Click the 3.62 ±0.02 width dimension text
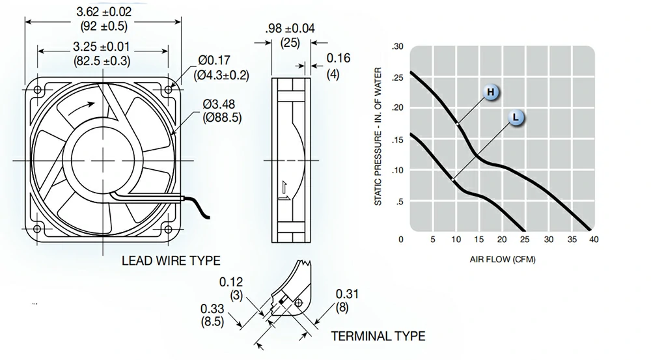104,12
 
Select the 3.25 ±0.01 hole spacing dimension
104,47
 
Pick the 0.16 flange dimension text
338,59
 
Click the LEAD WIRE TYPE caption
171,261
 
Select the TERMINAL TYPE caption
378,337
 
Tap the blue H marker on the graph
492,93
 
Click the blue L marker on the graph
515,118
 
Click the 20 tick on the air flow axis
502,240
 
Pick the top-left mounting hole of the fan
36,89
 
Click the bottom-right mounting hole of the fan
169,228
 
